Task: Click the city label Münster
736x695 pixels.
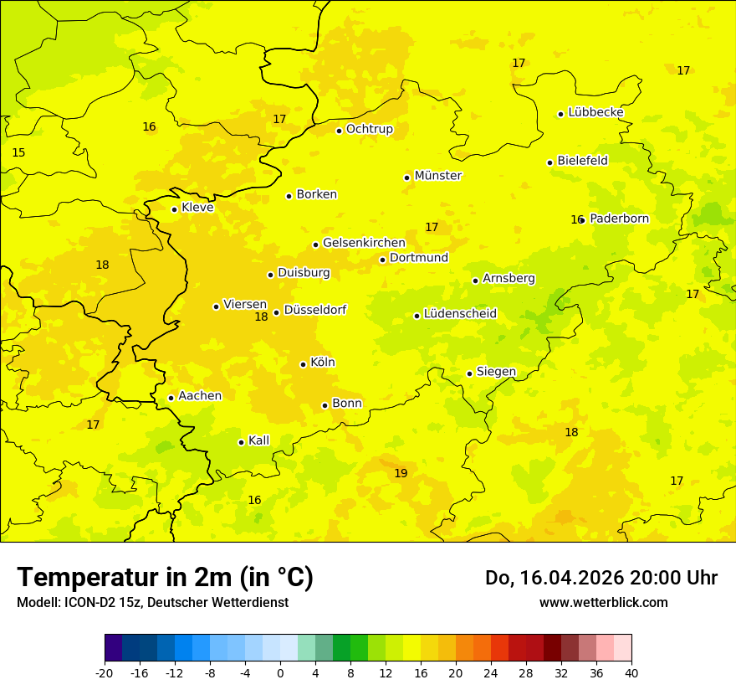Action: tap(437, 176)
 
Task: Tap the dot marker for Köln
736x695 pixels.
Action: tap(303, 364)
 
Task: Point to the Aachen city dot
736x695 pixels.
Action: tap(171, 398)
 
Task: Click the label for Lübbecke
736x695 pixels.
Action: tap(595, 112)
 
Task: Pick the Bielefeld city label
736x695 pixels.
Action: tap(582, 161)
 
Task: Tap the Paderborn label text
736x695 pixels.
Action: tap(619, 219)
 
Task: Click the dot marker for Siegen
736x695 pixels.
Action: tap(469, 373)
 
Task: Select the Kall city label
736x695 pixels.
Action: tap(258, 440)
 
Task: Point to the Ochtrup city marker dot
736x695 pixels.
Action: tap(339, 131)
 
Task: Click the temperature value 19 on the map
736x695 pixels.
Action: tap(401, 474)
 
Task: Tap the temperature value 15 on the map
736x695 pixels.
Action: tap(18, 153)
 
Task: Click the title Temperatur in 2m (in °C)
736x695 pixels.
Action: tap(165, 577)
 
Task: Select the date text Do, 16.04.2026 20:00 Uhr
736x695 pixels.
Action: tap(601, 578)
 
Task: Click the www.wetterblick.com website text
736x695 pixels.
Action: tap(603, 603)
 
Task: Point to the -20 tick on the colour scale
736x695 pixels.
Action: tap(105, 672)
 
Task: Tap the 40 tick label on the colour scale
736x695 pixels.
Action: tap(631, 672)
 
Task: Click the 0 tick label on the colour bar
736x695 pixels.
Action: tap(280, 672)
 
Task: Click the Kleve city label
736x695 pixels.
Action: tap(197, 208)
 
